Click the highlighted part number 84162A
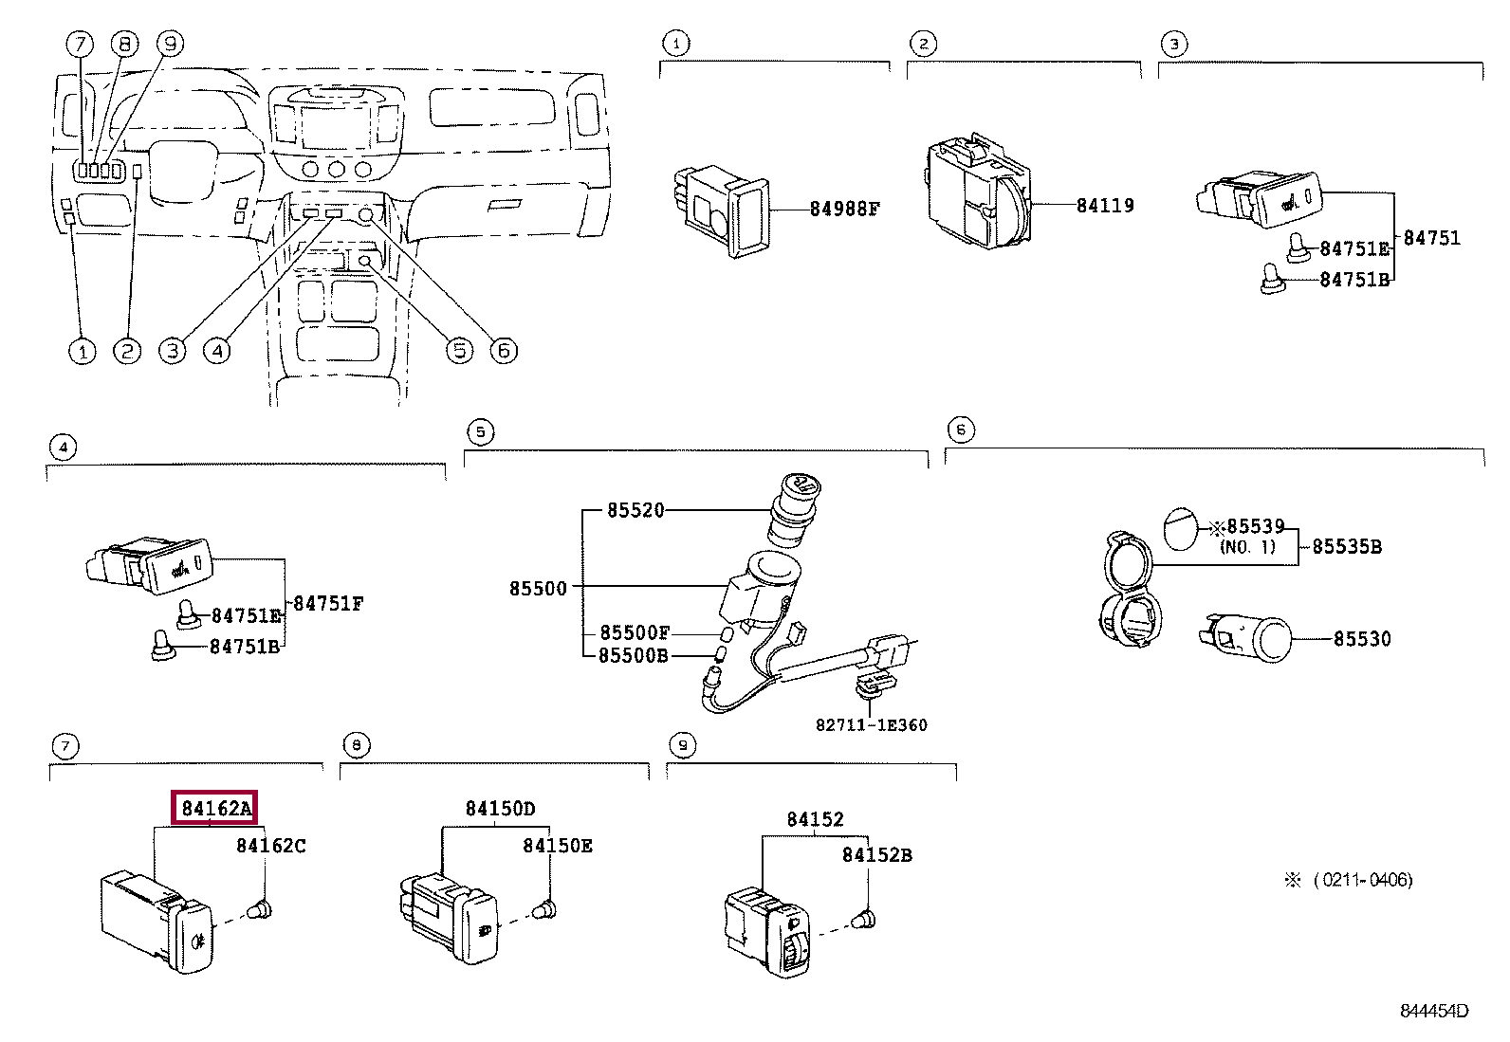coord(214,808)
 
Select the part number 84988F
coord(845,209)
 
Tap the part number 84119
coord(1105,206)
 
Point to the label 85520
coord(635,510)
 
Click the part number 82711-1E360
coord(871,725)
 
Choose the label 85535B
coord(1347,547)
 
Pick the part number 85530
coord(1362,638)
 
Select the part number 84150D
coord(500,808)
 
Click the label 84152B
coord(876,855)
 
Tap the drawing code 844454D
coord(1434,1011)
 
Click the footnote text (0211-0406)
coord(1363,880)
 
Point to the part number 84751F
coord(327,603)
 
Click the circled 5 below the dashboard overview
coord(460,351)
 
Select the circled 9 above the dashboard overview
coord(170,44)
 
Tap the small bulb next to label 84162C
coord(260,909)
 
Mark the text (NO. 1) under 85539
coord(1248,547)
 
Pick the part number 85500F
coord(635,632)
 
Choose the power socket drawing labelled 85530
coord(1245,637)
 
